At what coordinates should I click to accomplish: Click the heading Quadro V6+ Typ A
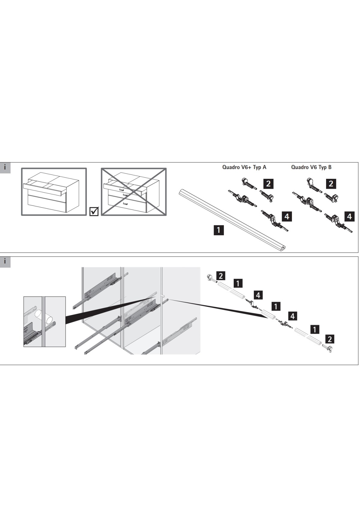coord(244,167)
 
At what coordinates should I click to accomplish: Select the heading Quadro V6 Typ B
coord(311,167)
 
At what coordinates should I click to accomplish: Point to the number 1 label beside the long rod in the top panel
coord(218,230)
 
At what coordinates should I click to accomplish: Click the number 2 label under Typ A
coord(268,184)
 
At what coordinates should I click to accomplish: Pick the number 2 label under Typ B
coord(331,184)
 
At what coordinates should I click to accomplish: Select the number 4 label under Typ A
coord(287,216)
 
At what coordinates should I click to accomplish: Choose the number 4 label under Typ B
coord(349,216)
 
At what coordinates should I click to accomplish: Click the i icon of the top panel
coord(5,168)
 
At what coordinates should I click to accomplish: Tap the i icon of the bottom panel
coord(5,262)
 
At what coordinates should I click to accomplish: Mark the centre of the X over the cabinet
coord(134,192)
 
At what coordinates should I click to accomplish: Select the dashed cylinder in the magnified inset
coord(39,314)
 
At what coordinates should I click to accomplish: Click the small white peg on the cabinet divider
coord(163,296)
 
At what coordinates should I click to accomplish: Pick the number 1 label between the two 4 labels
coord(275,306)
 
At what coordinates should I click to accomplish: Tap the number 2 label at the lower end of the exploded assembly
coord(330,339)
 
